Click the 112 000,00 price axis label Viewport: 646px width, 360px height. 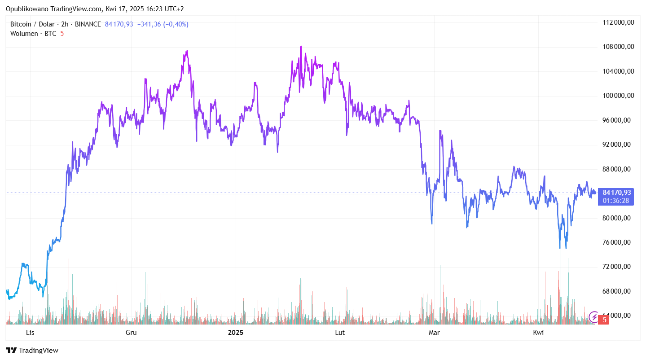click(619, 22)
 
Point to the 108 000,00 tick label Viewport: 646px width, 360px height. click(619, 47)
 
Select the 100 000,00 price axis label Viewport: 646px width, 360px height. click(619, 96)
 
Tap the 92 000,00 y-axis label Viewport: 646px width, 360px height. click(619, 145)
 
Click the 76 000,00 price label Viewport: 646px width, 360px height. click(619, 242)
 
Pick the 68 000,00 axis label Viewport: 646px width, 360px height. click(619, 291)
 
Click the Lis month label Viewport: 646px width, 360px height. click(30, 333)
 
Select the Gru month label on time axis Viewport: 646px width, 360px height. click(131, 333)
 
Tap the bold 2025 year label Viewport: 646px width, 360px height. click(236, 333)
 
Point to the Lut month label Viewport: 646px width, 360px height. click(340, 333)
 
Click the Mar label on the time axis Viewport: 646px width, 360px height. click(434, 333)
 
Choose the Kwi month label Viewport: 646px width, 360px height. click(538, 333)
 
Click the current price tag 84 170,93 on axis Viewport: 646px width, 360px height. click(617, 193)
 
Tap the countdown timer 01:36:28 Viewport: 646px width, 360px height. click(616, 200)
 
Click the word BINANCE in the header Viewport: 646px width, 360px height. click(88, 24)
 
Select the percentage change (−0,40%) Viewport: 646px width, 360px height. click(173, 24)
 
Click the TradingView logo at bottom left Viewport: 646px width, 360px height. click(32, 351)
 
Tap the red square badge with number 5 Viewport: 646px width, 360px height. click(605, 320)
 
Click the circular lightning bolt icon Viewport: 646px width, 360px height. click(594, 317)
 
